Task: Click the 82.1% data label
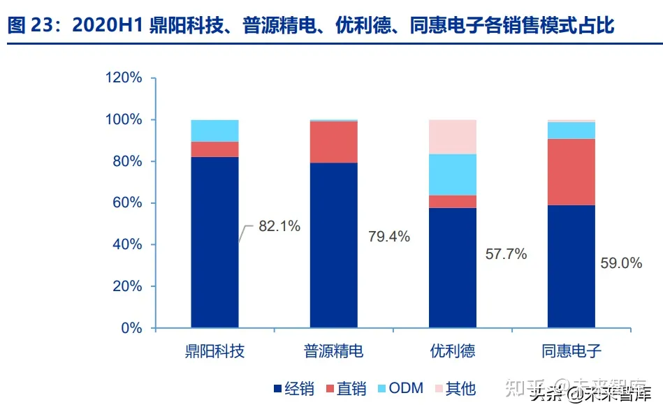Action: point(279,226)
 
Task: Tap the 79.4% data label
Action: point(389,237)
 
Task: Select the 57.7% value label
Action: point(506,254)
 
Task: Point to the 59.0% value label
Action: point(621,263)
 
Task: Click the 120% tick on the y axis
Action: point(123,78)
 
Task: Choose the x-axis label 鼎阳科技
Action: point(215,350)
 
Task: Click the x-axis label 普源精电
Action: point(334,350)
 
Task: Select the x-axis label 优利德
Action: point(453,350)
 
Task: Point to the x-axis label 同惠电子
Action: point(571,350)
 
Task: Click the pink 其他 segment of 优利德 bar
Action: point(453,137)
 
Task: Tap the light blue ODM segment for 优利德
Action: point(453,175)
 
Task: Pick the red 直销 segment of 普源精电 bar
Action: point(334,142)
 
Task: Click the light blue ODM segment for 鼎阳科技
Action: point(215,131)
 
